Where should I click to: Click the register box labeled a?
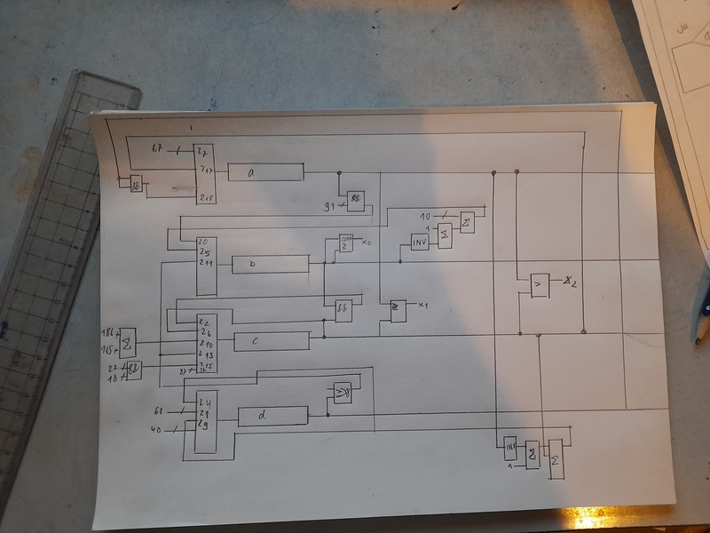(265, 172)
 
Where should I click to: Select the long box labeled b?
(270, 264)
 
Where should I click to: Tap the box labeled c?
(272, 341)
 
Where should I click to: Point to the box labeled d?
(272, 415)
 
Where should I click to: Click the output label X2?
(570, 283)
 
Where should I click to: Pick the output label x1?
(423, 306)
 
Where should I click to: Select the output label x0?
(367, 242)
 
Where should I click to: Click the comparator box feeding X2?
(538, 284)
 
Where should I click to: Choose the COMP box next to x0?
(345, 243)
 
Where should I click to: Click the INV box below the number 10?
(420, 241)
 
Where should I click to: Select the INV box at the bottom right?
(510, 446)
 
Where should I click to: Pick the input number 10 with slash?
(425, 216)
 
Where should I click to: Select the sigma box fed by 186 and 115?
(127, 340)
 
